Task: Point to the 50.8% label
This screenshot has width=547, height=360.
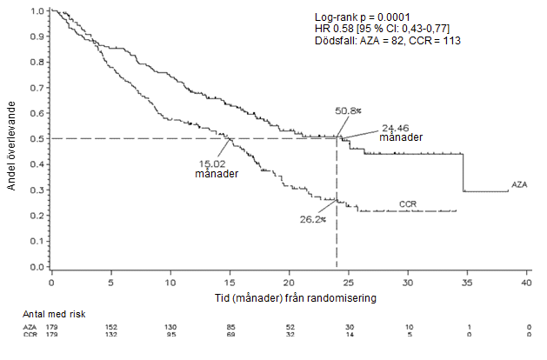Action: (x=348, y=111)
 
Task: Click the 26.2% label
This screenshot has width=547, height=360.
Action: (x=311, y=219)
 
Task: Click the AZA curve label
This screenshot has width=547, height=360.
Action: (x=520, y=185)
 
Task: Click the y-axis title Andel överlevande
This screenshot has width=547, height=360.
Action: (x=11, y=139)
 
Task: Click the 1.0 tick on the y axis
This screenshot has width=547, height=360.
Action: (x=37, y=11)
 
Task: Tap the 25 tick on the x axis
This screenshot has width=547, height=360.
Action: (x=349, y=283)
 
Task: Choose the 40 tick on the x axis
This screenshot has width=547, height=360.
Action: (x=527, y=283)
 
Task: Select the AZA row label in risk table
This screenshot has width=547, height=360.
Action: (x=30, y=327)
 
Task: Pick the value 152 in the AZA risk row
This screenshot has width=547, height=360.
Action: (x=110, y=327)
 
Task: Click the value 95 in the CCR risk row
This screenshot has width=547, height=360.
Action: (x=170, y=335)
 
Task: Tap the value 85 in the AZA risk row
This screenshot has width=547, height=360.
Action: (x=230, y=327)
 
